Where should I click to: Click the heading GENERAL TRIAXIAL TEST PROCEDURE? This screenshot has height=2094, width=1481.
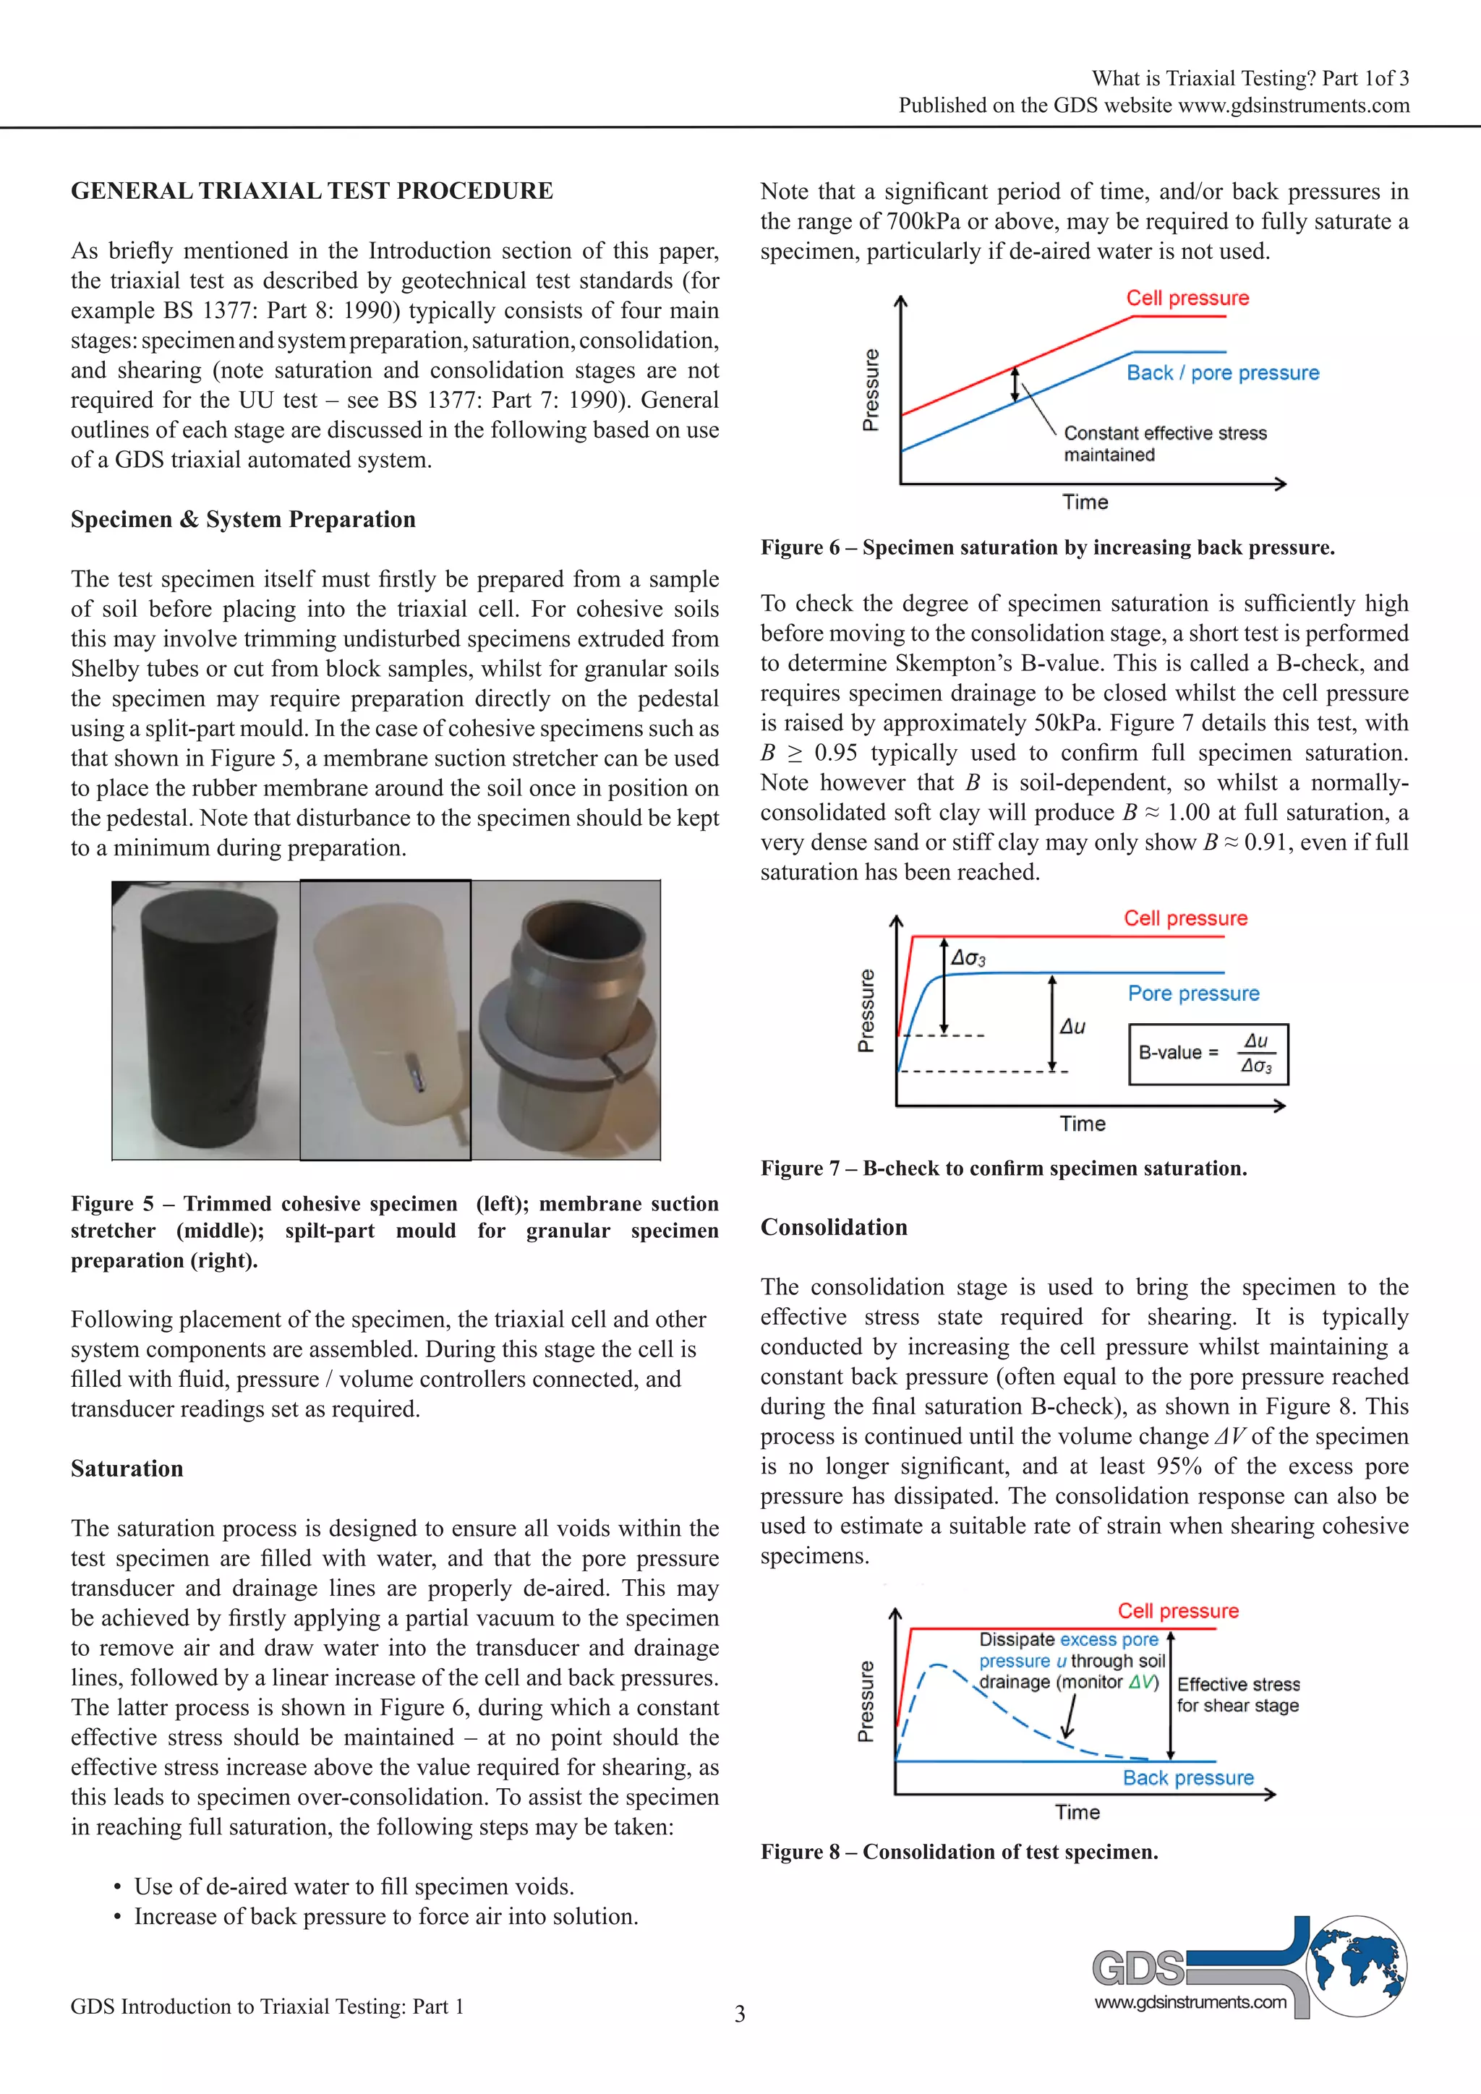tap(312, 192)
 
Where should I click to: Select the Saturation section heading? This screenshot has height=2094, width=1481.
tap(127, 1469)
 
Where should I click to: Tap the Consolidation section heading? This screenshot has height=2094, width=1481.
tap(834, 1228)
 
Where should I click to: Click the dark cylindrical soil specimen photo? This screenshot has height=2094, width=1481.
tap(206, 1020)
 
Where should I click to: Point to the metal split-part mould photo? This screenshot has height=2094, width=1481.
tap(566, 1020)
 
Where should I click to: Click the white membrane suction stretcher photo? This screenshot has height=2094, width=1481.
tap(385, 1020)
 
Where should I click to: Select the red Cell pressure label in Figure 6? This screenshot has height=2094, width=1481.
tap(1187, 298)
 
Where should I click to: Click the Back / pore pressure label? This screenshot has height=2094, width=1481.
tap(1222, 373)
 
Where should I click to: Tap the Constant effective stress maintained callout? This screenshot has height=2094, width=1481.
tap(1164, 443)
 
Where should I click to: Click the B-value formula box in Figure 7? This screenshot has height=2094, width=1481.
tap(1208, 1054)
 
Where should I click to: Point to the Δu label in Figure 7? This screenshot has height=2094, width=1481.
tap(1072, 1027)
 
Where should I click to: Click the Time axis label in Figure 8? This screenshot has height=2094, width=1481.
tap(1077, 1812)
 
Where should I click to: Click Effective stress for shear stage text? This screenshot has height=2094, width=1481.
tap(1237, 1695)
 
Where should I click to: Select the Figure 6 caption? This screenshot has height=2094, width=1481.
tap(1048, 548)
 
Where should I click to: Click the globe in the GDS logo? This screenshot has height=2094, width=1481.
tap(1357, 1966)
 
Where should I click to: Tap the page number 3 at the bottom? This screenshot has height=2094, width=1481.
tap(740, 2014)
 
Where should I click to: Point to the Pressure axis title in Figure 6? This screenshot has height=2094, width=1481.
tap(871, 390)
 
